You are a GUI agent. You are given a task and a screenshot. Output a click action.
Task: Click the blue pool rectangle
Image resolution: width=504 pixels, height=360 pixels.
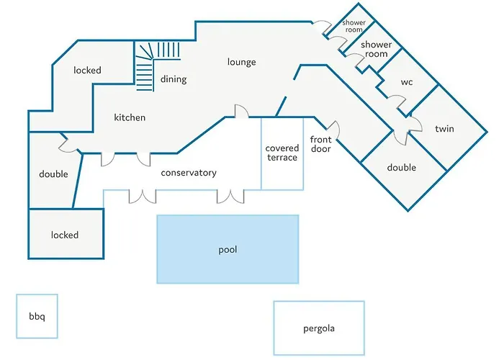[x=228, y=249]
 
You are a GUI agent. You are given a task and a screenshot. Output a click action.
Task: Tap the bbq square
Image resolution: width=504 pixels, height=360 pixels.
[x=37, y=316]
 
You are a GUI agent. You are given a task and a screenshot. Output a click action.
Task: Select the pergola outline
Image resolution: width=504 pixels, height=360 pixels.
[x=318, y=328]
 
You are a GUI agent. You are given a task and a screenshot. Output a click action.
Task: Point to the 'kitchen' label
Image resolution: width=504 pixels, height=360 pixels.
[x=130, y=117]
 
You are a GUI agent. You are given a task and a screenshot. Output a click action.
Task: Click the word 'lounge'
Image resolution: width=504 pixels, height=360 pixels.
[x=241, y=62]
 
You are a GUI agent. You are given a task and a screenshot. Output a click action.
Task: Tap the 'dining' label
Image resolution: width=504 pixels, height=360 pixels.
[x=174, y=79]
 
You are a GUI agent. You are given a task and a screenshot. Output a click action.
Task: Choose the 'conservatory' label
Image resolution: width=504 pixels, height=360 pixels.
[x=189, y=173]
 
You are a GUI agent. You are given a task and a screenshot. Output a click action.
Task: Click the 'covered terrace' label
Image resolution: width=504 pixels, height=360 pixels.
[x=282, y=153]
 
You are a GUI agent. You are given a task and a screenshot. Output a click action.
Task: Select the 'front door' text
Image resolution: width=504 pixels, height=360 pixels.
[x=320, y=143]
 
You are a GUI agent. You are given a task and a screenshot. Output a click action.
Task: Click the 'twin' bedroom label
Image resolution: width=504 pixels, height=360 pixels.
[x=444, y=129]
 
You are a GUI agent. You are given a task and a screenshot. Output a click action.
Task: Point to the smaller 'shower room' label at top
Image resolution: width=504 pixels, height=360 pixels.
[x=354, y=26]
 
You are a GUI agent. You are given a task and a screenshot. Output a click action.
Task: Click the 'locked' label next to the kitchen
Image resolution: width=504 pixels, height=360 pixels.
[x=87, y=71]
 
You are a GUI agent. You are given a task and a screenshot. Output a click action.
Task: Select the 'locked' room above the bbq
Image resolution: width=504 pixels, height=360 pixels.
[x=65, y=235]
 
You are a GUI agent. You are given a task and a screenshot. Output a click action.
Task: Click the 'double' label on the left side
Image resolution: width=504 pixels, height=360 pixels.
[x=53, y=174]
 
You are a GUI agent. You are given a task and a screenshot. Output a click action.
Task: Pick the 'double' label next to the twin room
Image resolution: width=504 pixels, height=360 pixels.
[x=401, y=168]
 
